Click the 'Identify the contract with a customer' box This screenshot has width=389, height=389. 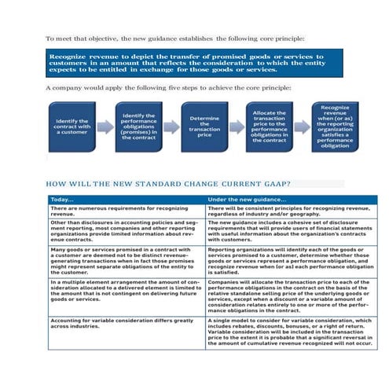click(72, 126)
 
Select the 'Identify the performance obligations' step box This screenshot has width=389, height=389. click(139, 125)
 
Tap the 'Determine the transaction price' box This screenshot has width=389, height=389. click(204, 125)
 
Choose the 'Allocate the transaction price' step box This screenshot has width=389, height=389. click(270, 125)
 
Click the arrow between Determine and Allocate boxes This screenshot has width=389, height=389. click(237, 126)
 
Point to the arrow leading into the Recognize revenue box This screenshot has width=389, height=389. click(303, 126)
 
